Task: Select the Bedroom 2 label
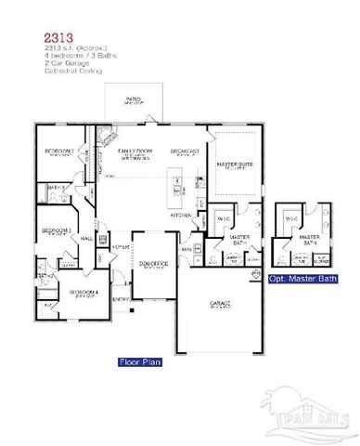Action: pos(59,152)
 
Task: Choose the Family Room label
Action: pos(135,151)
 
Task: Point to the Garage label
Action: pos(221,304)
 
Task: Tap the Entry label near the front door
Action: pos(121,299)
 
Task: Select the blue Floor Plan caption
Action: pos(140,361)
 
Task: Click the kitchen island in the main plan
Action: pos(174,185)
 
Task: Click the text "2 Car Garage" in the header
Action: pos(64,62)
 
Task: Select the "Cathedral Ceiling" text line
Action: pos(69,70)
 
